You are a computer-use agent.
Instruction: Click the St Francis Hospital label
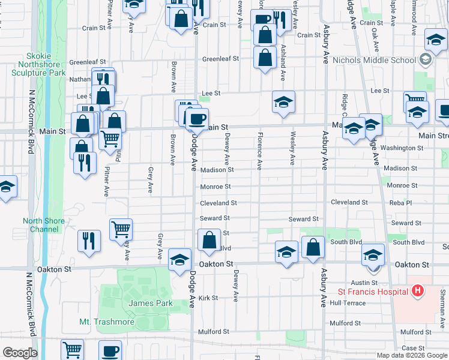pos(372,292)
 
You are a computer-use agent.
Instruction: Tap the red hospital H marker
pos(418,292)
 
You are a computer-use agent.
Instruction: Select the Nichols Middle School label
pos(382,60)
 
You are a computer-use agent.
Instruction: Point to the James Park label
pos(142,304)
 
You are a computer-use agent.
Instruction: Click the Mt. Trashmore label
pos(107,322)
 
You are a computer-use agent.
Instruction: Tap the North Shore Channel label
pos(44,225)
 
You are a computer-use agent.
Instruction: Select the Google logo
pos(20,353)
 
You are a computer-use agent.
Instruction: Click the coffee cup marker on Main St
pos(196,118)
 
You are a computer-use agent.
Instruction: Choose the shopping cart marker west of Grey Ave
pos(121,229)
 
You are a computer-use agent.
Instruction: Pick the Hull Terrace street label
pos(348,303)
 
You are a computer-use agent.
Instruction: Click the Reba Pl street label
pos(400,203)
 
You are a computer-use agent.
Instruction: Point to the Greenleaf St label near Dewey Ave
pos(220,59)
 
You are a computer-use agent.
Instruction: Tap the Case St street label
pos(413,348)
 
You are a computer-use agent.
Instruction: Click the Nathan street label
pos(79,79)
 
